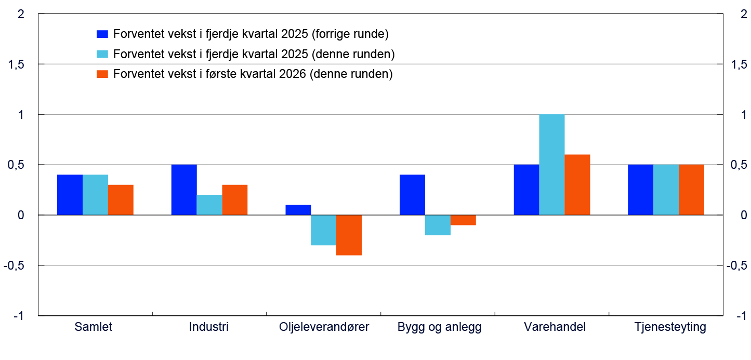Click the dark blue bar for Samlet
coord(70,195)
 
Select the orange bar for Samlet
coord(121,199)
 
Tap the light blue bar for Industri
coord(209,205)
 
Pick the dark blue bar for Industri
coord(184,190)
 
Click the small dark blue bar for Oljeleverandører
coord(298,210)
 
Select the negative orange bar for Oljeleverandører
coord(349,235)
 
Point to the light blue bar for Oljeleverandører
coord(323,230)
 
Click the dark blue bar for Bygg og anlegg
coord(412,195)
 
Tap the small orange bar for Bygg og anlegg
coord(463,220)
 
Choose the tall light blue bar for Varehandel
coord(552,165)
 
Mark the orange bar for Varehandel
coord(577,184)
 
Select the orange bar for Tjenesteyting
coord(691,190)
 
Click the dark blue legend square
coord(102,34)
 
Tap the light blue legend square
coord(102,54)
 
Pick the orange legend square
coord(102,74)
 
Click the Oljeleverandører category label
coord(324,327)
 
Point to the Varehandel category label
coord(555,327)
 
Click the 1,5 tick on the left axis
coord(17,64)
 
